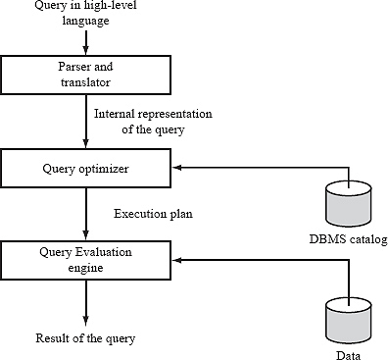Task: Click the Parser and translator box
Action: tap(86, 72)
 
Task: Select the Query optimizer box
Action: tap(86, 168)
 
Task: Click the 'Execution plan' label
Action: tap(152, 214)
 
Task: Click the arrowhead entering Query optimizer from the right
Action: tap(178, 168)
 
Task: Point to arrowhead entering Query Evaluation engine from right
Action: tap(178, 260)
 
